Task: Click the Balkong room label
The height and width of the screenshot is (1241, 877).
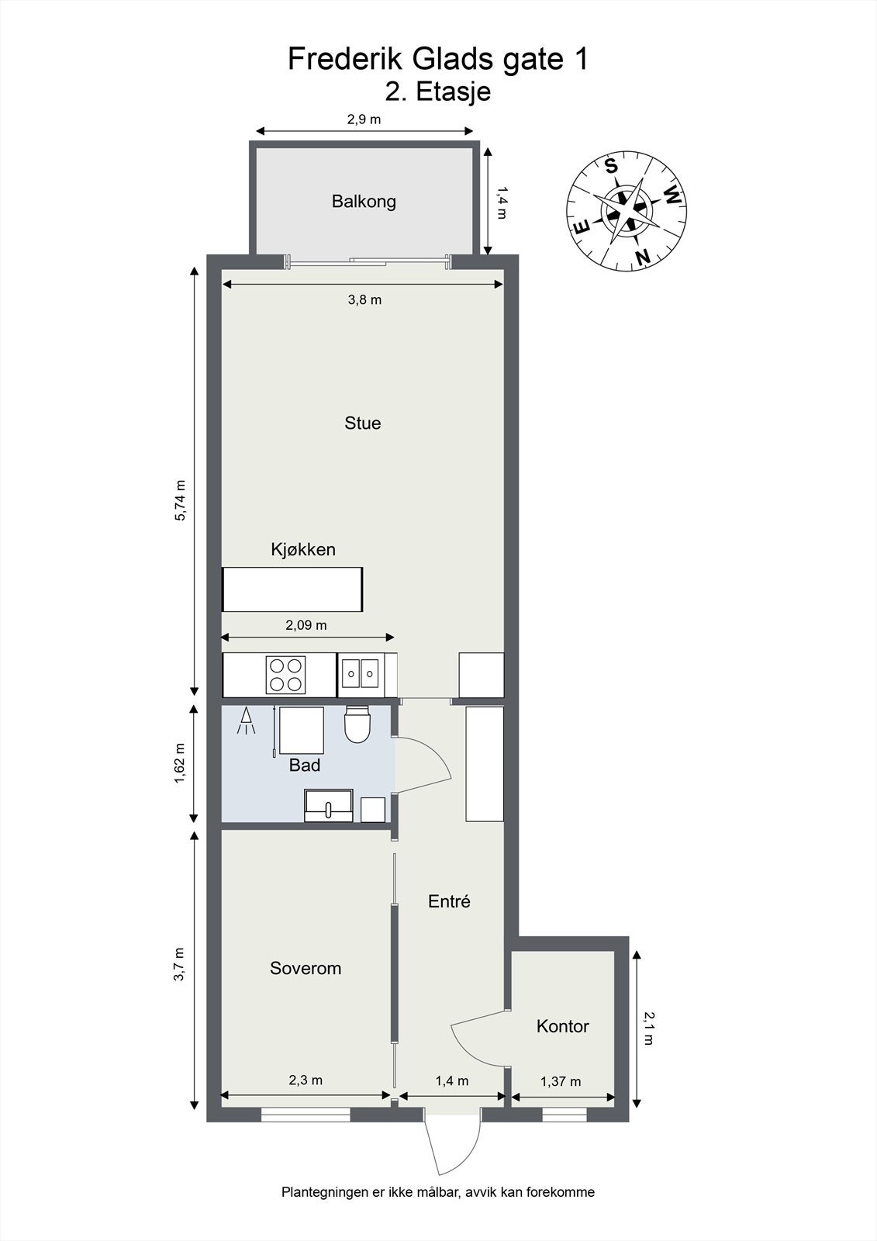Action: click(364, 202)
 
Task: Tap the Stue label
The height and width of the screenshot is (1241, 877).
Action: click(362, 423)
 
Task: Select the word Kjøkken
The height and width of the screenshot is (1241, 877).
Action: click(303, 550)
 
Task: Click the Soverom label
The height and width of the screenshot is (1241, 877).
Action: click(306, 969)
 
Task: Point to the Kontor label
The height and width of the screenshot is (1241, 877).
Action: click(562, 1027)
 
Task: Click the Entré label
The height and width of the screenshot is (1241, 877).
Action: click(449, 902)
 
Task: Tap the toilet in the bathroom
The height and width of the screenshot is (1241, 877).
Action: click(357, 724)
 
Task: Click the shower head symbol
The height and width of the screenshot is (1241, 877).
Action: click(246, 721)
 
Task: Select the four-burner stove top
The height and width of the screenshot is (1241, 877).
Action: click(286, 675)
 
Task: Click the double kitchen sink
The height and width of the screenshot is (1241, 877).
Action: click(361, 674)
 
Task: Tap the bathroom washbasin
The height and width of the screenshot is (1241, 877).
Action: click(329, 806)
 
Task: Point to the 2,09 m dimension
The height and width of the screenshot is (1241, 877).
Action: click(306, 625)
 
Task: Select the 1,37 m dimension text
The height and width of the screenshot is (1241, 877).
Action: click(561, 1082)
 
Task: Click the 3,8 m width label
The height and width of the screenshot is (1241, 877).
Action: click(364, 300)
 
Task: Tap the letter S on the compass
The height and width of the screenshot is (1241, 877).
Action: click(611, 166)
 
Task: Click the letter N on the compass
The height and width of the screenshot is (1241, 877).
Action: click(641, 257)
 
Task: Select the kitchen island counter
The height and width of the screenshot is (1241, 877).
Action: click(292, 589)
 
